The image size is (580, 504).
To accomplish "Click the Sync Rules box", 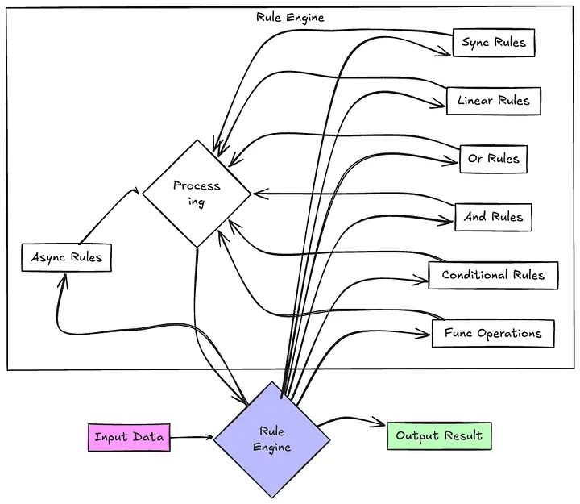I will [x=493, y=43].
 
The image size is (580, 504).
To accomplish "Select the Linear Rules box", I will [x=493, y=101].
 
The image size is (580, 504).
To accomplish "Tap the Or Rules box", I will [x=493, y=159].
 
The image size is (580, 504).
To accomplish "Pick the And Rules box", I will [x=493, y=217].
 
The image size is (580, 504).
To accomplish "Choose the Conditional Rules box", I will [x=493, y=275].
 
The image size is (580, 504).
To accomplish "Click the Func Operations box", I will [x=493, y=333].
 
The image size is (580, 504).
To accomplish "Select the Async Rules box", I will [x=66, y=257].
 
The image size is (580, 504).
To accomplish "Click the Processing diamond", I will [x=197, y=194].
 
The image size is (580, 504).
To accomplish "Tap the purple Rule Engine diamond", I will [x=271, y=439].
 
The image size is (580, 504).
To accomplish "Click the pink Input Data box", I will [x=129, y=438].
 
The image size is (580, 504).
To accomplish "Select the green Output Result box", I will [x=438, y=436].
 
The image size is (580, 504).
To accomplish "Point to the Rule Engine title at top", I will [x=290, y=17].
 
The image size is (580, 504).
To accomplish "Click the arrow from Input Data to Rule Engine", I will [x=192, y=439].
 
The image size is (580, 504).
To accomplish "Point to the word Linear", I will [x=475, y=101].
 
